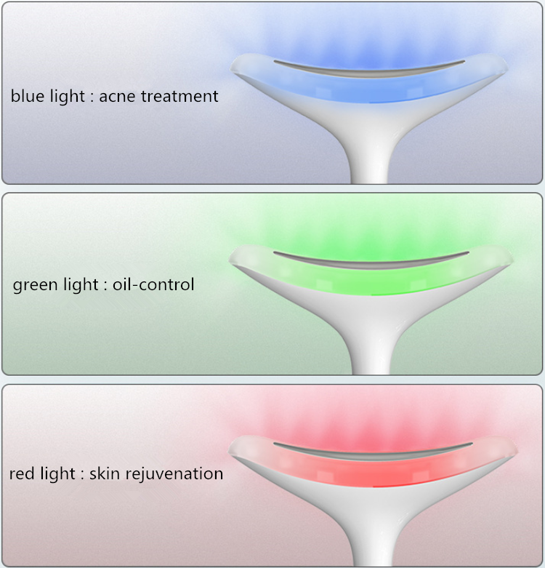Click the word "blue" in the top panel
(28, 96)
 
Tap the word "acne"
(117, 97)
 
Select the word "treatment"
(179, 96)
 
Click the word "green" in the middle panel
(36, 285)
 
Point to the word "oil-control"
(153, 284)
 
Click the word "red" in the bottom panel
(22, 473)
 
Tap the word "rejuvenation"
(174, 474)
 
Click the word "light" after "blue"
(68, 97)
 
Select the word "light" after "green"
(81, 285)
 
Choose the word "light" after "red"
(57, 474)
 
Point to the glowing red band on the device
(373, 473)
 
